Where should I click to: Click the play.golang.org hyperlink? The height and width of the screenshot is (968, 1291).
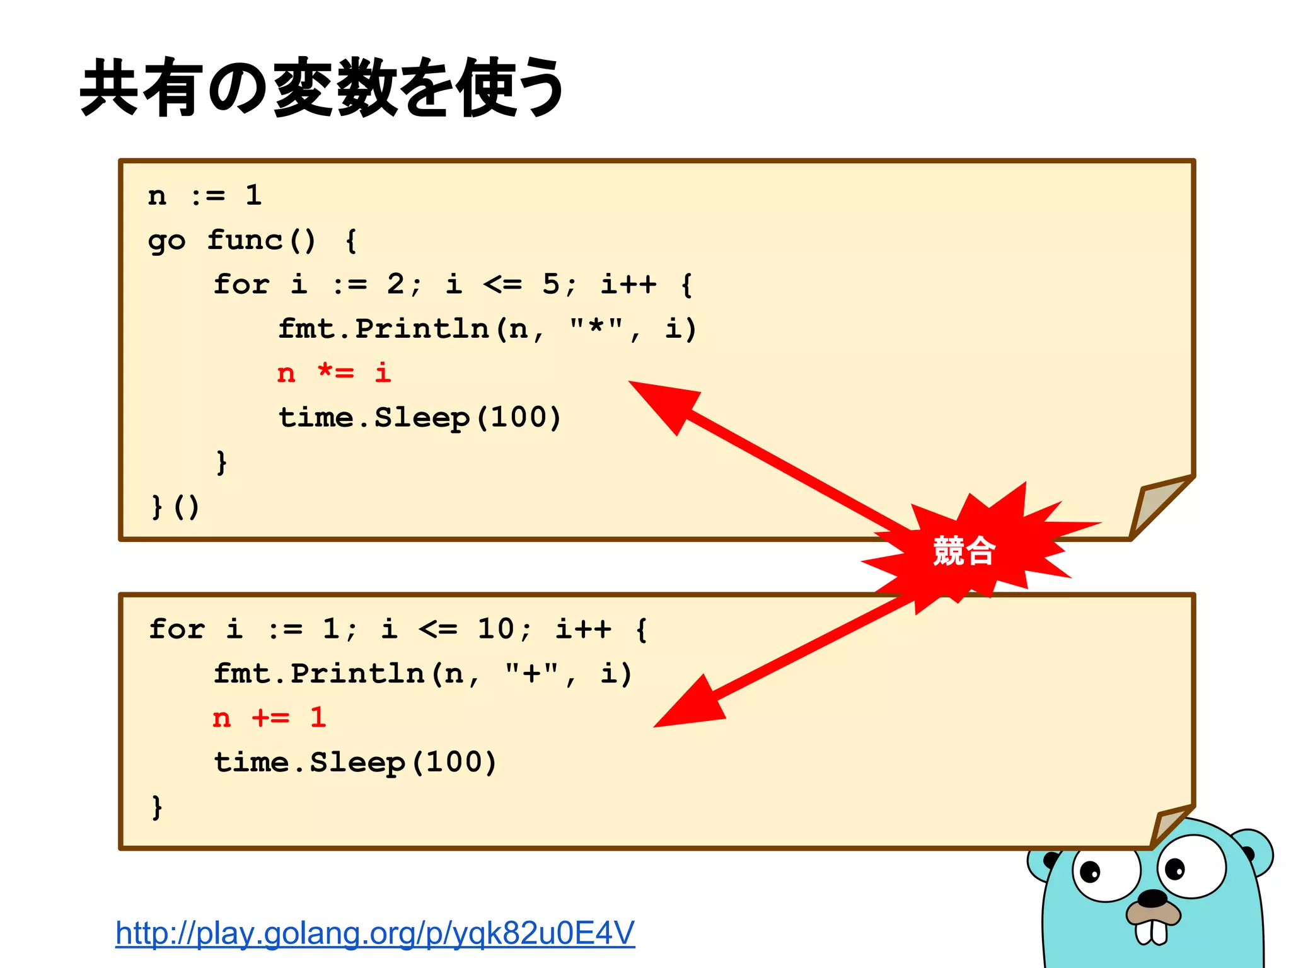[x=375, y=933]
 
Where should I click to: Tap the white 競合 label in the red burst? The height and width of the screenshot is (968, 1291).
[x=964, y=551]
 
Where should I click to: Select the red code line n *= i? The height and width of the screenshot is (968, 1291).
[x=334, y=373]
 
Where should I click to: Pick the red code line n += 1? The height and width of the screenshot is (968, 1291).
[x=270, y=718]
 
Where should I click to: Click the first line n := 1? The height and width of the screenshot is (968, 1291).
[x=205, y=195]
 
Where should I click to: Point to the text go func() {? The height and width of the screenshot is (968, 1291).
[x=252, y=241]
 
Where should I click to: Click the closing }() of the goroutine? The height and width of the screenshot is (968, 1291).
[x=176, y=507]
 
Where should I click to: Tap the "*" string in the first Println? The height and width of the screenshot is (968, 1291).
[x=595, y=328]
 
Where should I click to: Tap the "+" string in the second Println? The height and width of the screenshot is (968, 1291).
[x=531, y=673]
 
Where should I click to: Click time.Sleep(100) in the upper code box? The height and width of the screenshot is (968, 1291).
[x=419, y=418]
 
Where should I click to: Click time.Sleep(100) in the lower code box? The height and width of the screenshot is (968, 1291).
[x=355, y=763]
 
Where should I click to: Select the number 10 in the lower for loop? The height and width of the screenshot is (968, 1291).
[x=495, y=629]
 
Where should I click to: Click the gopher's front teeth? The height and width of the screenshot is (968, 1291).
[x=1152, y=932]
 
